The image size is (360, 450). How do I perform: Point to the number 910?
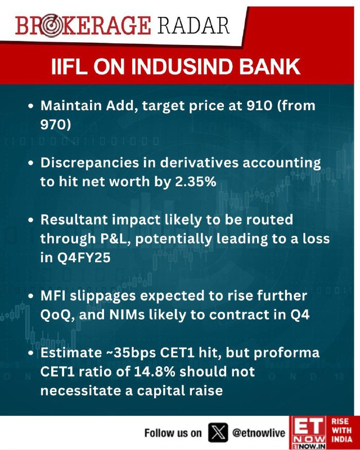point(259,106)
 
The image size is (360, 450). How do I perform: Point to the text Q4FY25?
point(84,258)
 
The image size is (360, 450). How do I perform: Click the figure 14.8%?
point(155,372)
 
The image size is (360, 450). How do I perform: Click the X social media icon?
point(218,432)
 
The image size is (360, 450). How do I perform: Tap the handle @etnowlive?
point(259,433)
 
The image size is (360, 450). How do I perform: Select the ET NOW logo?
point(308,433)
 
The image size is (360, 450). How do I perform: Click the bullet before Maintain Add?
point(31,106)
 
